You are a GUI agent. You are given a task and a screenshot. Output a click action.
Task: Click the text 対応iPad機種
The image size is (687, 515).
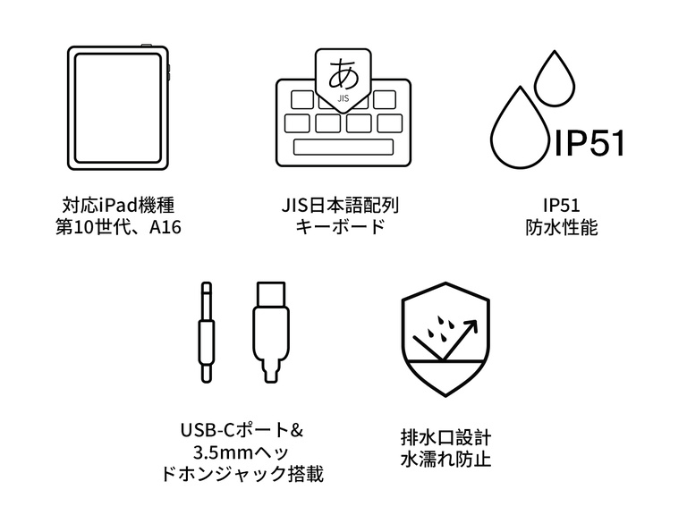[x=117, y=205]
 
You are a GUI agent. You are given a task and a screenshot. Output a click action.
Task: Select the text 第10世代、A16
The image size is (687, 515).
[x=117, y=227]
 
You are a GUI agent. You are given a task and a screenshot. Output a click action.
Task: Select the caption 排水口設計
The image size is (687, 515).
[x=446, y=438]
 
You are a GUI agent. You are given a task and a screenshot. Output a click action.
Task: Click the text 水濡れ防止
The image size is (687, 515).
[x=446, y=461]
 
